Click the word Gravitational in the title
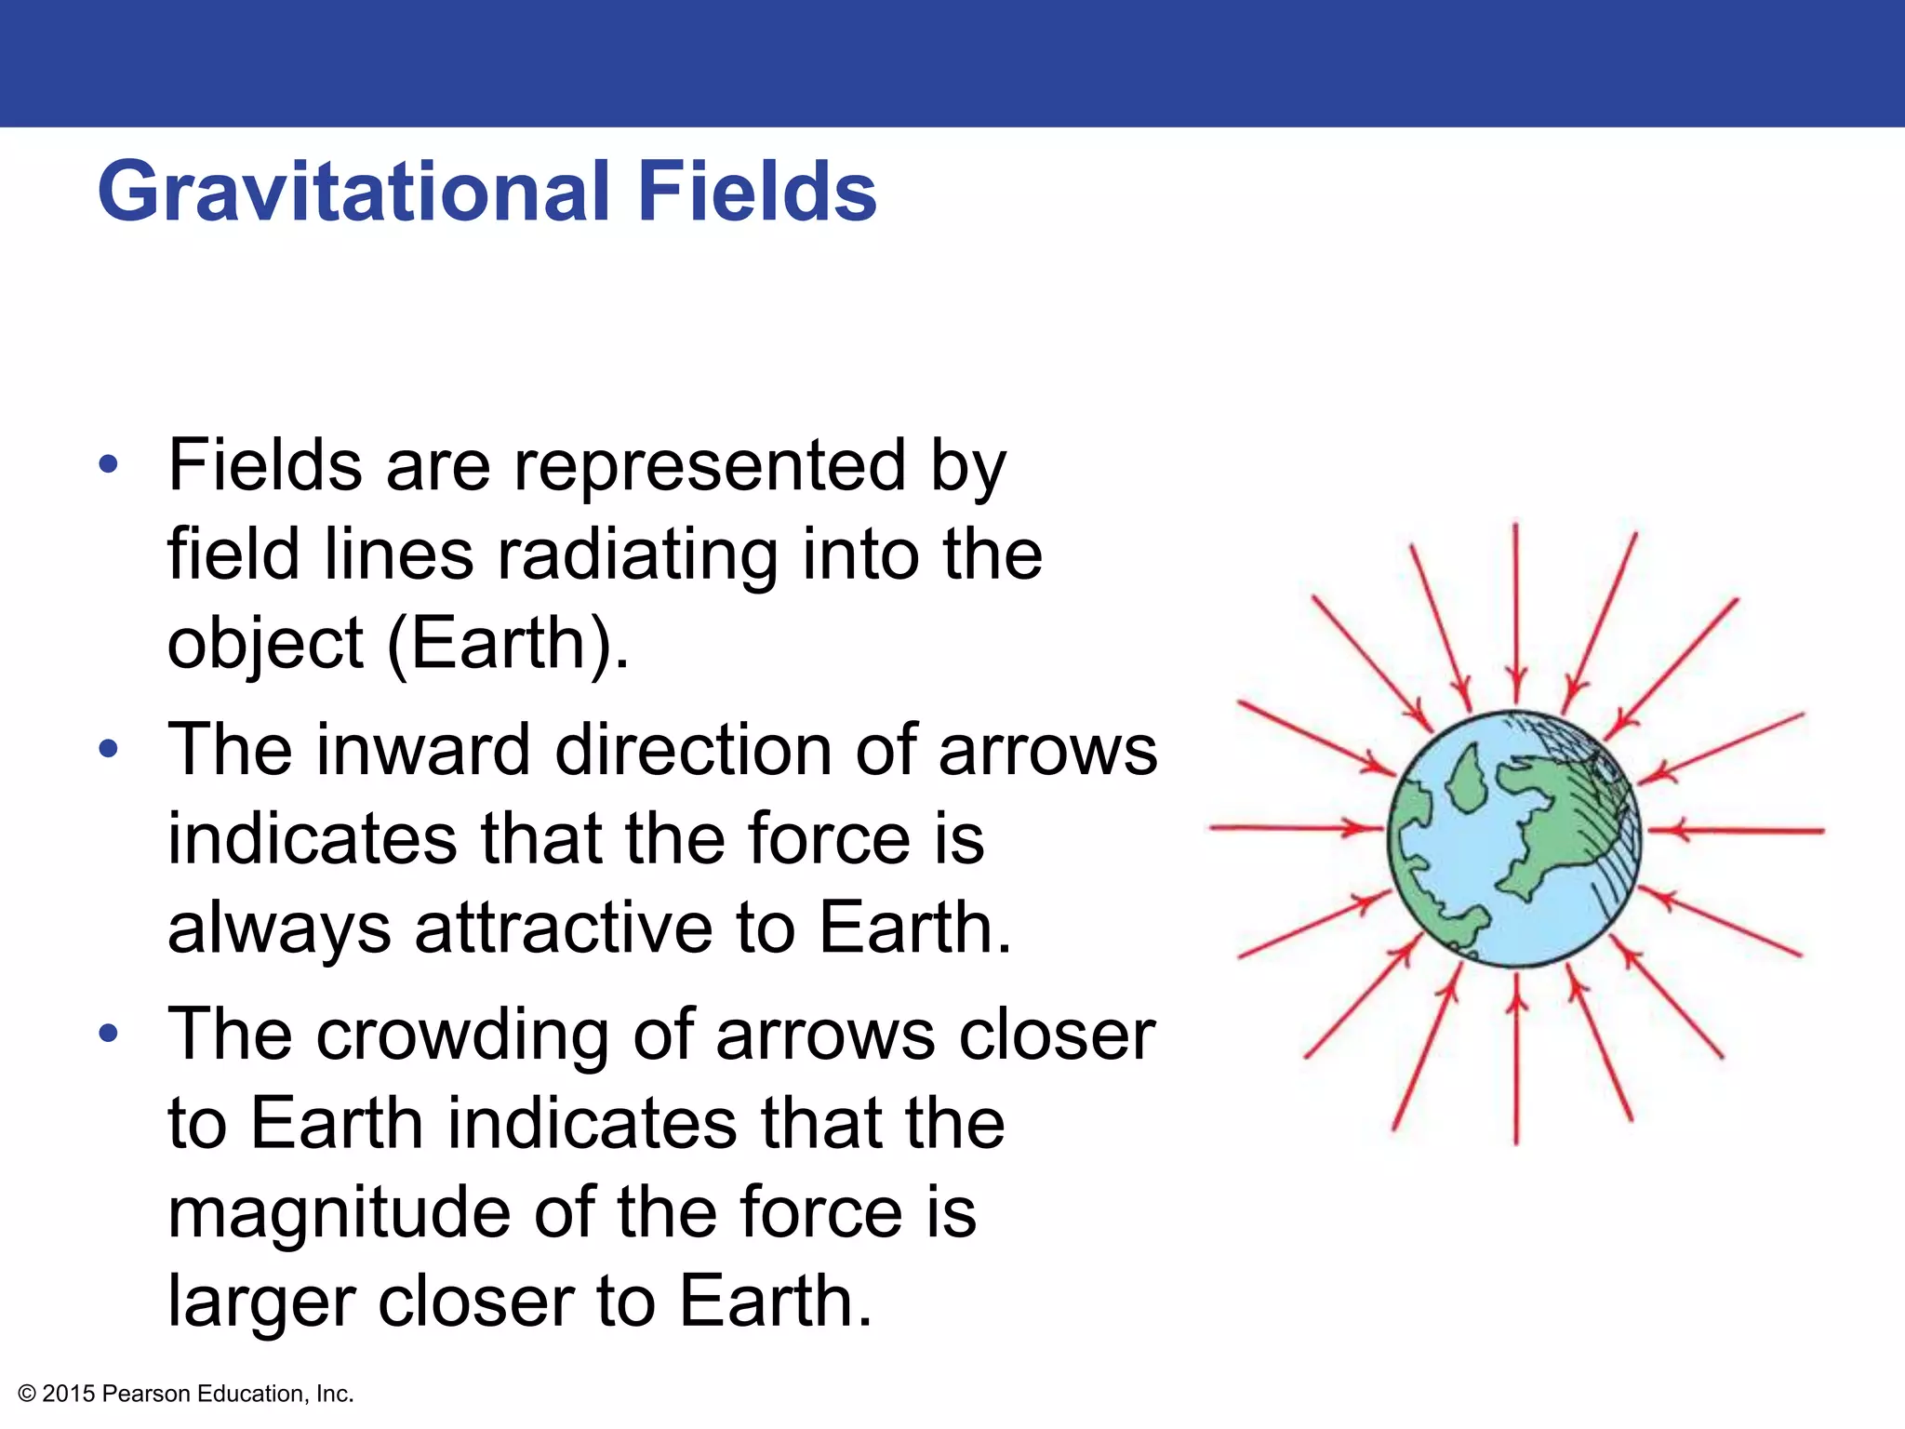(353, 194)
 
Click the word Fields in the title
(756, 192)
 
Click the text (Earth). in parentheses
(508, 643)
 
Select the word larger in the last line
(260, 1302)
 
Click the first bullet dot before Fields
(109, 465)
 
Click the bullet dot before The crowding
(109, 1034)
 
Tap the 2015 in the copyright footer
(69, 1394)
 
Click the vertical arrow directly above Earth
(1515, 614)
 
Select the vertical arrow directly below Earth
(1516, 1061)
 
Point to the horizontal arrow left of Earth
(1293, 827)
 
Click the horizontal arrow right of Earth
(1739, 829)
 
